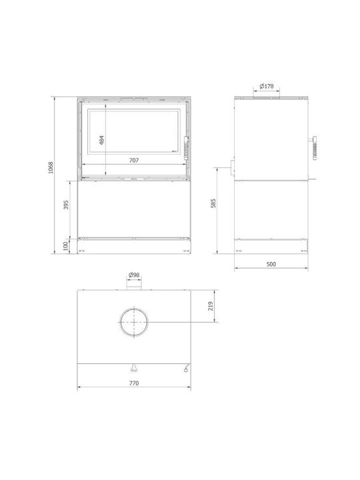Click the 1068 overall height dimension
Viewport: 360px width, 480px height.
tap(51, 167)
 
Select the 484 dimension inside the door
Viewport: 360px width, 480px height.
tap(102, 140)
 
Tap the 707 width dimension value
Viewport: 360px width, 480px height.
tap(134, 160)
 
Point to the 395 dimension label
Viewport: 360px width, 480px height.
tap(66, 205)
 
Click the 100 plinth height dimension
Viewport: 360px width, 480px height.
tap(65, 246)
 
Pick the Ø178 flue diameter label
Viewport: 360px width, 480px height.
tap(267, 86)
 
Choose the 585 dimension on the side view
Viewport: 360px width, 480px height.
tap(213, 203)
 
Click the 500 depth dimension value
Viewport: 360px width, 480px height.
tap(271, 264)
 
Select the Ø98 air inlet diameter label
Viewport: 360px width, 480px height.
tap(134, 275)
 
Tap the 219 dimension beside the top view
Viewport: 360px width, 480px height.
tap(211, 306)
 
